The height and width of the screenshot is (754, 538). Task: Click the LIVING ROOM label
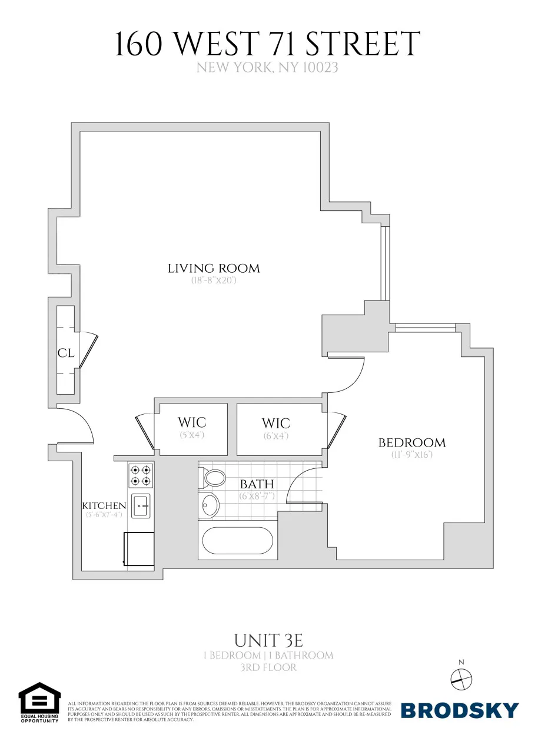point(214,269)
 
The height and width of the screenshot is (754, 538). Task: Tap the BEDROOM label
point(411,443)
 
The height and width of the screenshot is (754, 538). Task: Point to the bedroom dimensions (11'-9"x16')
point(412,455)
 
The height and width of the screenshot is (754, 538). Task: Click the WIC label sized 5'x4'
point(192,423)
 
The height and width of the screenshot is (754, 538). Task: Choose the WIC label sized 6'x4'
point(276,424)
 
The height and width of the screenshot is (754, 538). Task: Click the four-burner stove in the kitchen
point(141,475)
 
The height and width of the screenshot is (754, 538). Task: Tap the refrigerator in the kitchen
point(139,549)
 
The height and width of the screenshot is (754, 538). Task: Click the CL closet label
point(65,353)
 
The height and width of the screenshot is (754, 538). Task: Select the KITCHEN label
point(104,506)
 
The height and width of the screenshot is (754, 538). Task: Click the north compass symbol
point(461,679)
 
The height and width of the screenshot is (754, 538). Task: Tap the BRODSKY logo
point(460,710)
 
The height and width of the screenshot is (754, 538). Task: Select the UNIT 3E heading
point(268,640)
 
